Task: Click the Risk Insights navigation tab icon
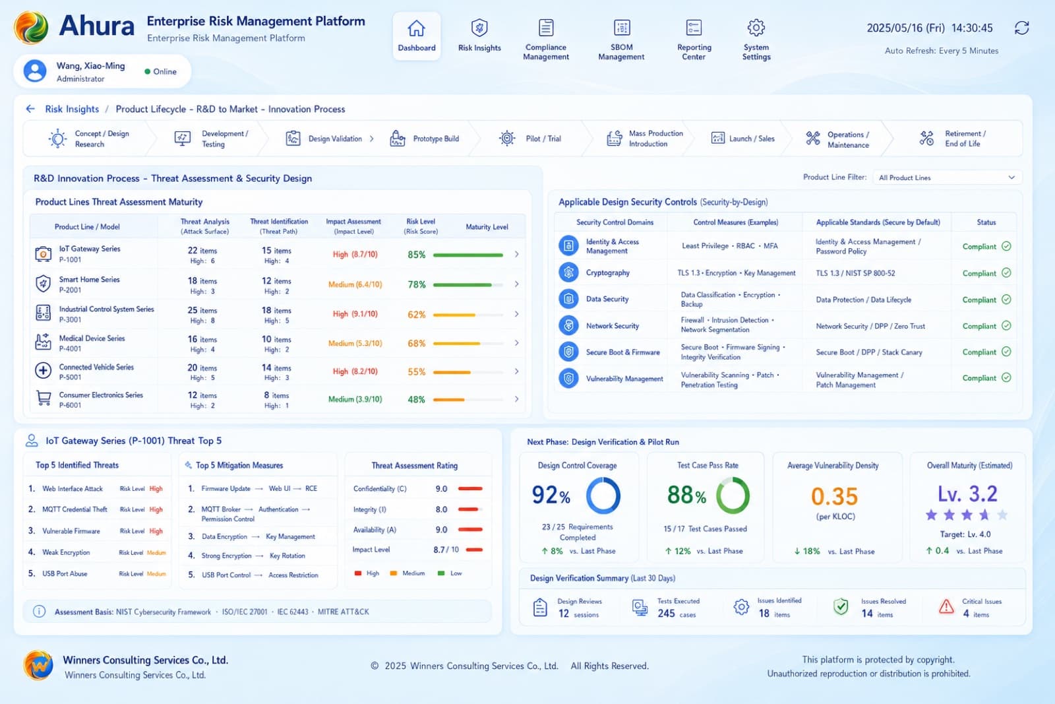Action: pos(479,28)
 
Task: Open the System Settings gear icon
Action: pos(756,28)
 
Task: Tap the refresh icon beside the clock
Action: pos(1021,28)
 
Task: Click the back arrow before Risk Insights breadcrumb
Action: pos(30,109)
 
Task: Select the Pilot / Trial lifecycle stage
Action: pos(530,139)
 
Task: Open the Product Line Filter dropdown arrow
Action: pos(1011,177)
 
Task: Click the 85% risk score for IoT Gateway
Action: pos(416,255)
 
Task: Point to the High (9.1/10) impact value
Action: pos(355,314)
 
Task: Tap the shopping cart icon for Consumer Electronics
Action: pos(44,398)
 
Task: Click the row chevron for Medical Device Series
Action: pos(517,343)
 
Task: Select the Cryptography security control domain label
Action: pos(607,273)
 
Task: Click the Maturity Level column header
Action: pos(487,227)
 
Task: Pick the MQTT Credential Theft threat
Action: pos(75,509)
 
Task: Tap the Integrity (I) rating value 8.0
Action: pos(441,509)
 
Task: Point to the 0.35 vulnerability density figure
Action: pos(834,496)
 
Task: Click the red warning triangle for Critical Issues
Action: pos(946,607)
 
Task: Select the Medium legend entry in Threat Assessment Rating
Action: pos(408,573)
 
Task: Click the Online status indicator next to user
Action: pos(161,72)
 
